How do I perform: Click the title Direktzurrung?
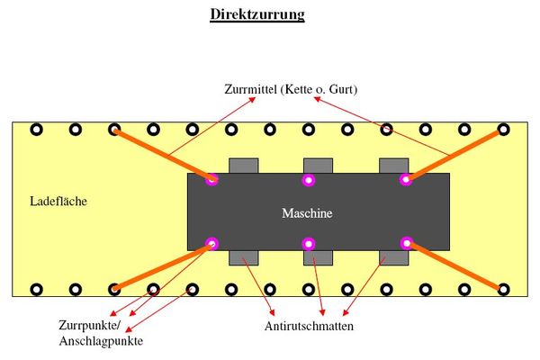(x=257, y=14)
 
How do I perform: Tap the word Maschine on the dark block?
(x=307, y=213)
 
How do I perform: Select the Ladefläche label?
(x=58, y=202)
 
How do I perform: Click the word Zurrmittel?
(x=250, y=89)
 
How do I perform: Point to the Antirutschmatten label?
(x=309, y=326)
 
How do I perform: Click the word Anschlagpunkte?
(x=101, y=341)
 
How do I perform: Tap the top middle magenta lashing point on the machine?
(x=309, y=180)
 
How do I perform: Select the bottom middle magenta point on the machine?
(x=309, y=244)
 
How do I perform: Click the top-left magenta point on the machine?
(x=211, y=179)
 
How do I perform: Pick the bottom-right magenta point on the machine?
(x=407, y=243)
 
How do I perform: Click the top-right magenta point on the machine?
(x=406, y=179)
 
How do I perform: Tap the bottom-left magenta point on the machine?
(x=211, y=244)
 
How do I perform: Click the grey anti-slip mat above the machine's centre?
(x=318, y=166)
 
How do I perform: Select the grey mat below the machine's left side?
(x=244, y=257)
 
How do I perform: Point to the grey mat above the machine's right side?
(x=393, y=166)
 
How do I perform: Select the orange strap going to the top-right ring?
(x=454, y=155)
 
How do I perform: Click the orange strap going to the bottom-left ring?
(x=163, y=266)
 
